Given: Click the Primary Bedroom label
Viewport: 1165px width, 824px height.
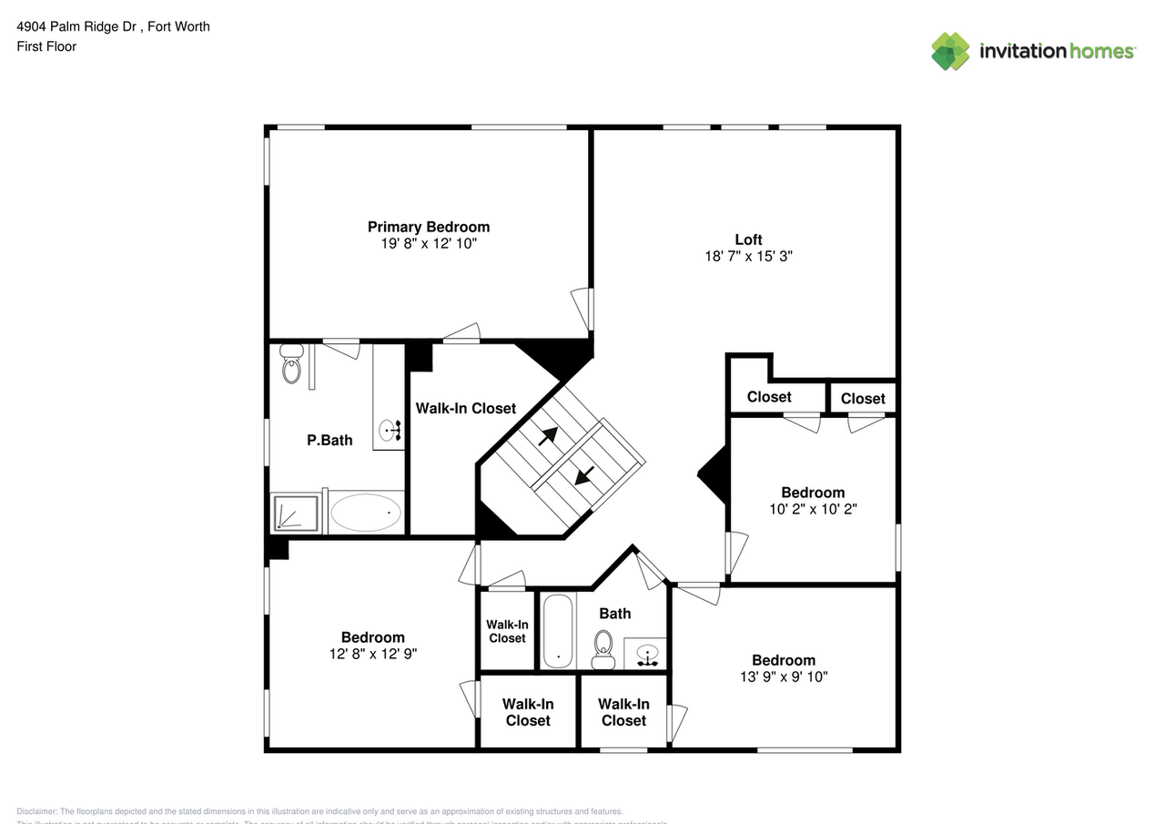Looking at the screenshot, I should coord(428,227).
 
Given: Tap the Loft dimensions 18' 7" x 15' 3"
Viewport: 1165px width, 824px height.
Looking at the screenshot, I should coord(748,257).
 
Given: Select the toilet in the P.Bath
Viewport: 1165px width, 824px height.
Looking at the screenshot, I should coord(291,364).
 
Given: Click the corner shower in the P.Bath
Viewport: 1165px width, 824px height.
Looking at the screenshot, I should coord(296,513).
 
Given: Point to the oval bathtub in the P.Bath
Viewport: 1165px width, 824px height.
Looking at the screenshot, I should coord(366,513).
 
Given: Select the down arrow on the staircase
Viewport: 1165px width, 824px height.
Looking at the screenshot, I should coord(584,474).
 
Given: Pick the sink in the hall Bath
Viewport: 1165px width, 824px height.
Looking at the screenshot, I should coord(648,654).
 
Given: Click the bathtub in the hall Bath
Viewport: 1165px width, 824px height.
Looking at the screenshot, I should coord(557,631).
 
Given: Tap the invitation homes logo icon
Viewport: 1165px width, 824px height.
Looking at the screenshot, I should coord(950,51).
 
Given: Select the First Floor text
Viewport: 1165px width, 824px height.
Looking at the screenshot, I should coord(46,46).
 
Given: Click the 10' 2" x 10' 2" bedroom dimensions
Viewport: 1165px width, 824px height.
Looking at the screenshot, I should coord(813,509).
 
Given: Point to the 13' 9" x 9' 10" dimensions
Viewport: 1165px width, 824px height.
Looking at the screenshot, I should coord(784,676).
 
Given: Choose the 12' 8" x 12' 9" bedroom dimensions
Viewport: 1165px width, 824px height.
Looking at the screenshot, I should coord(373,654).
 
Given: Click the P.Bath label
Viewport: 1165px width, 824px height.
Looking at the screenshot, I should coord(329,440).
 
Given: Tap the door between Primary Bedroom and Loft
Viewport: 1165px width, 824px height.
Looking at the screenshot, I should coord(582,308).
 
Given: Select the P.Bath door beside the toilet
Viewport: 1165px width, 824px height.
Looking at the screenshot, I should coord(342,349).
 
